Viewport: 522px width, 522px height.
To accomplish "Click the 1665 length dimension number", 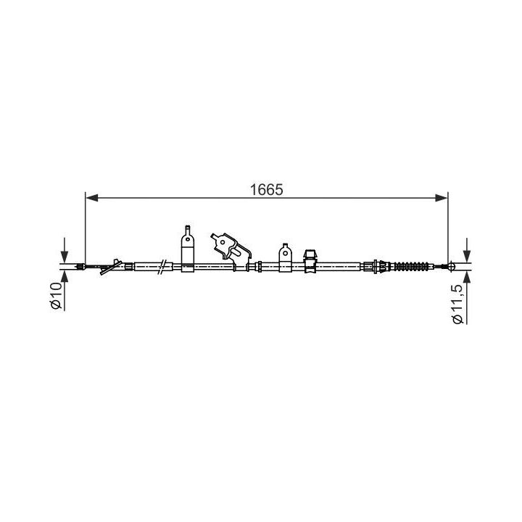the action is click(x=266, y=190).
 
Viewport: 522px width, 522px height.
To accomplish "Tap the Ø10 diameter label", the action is click(x=57, y=296).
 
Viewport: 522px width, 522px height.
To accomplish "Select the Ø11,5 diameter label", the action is click(x=458, y=304).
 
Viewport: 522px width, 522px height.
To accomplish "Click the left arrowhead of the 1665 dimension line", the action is click(x=92, y=198).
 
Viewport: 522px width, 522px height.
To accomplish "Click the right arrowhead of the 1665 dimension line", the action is click(x=442, y=198).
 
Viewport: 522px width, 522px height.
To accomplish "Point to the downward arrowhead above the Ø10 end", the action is click(x=65, y=257).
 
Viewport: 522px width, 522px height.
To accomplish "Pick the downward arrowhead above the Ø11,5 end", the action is click(x=467, y=257).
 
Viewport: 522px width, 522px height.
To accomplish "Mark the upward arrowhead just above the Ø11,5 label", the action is click(x=467, y=276).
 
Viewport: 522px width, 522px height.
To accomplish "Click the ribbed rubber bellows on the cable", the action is click(x=412, y=266).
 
